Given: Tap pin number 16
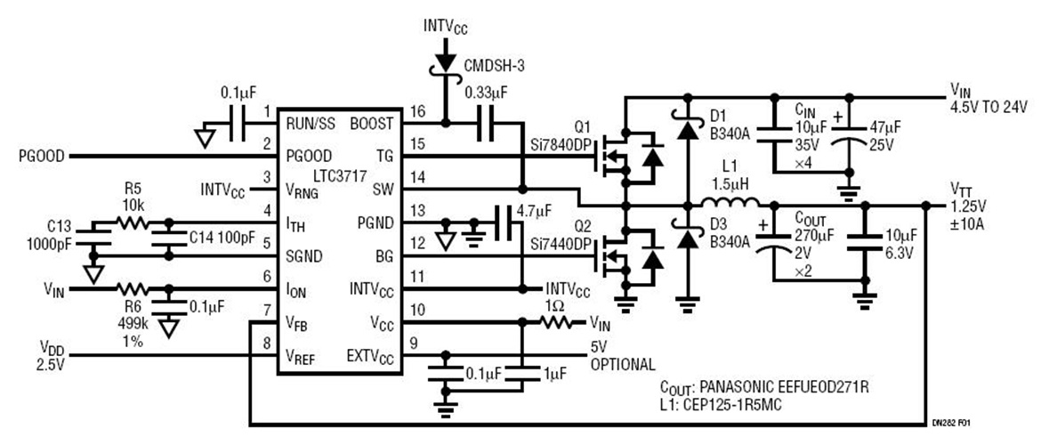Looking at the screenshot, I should [415, 112].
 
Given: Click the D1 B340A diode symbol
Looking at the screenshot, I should [686, 130].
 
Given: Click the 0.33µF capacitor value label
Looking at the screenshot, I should [487, 90].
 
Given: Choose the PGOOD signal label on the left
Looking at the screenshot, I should [40, 156].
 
